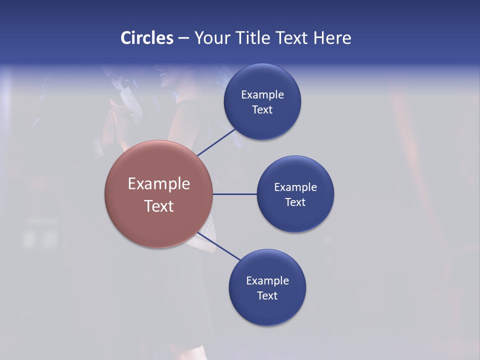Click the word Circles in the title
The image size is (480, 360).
pyautogui.click(x=147, y=38)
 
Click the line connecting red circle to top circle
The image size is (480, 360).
pyautogui.click(x=216, y=142)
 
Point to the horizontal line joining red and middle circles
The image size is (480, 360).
pyautogui.click(x=235, y=194)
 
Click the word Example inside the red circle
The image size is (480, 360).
pyautogui.click(x=159, y=184)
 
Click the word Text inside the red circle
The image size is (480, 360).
pyautogui.click(x=159, y=206)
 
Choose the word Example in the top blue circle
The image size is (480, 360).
pyautogui.click(x=262, y=95)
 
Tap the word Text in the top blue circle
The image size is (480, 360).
pyautogui.click(x=262, y=110)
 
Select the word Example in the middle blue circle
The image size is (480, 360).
pyautogui.click(x=295, y=187)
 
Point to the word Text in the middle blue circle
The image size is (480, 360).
pyautogui.click(x=295, y=202)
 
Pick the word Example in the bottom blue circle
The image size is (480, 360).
pyautogui.click(x=267, y=281)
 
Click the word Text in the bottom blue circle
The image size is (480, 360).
pyautogui.click(x=267, y=296)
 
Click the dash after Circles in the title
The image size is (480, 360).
pyautogui.click(x=183, y=38)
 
